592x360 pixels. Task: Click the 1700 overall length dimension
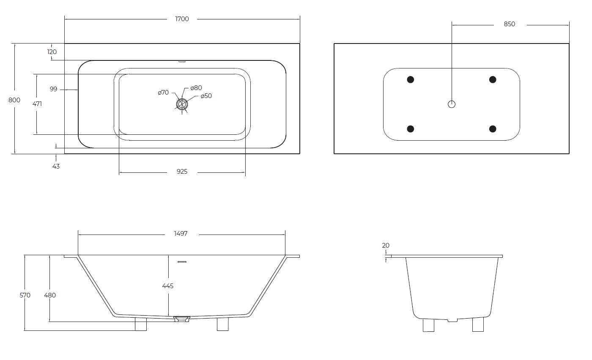(x=182, y=19)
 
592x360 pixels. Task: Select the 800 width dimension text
(x=14, y=100)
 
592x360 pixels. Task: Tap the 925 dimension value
(x=182, y=172)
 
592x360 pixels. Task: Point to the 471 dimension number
(x=37, y=104)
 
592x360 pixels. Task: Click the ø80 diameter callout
(x=196, y=88)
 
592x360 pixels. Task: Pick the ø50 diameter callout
(x=206, y=96)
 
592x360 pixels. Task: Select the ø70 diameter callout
(x=163, y=92)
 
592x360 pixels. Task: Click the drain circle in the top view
(x=182, y=104)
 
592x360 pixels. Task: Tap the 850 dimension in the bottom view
(x=510, y=24)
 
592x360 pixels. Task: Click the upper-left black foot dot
(x=410, y=79)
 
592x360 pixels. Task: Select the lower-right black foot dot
(x=493, y=129)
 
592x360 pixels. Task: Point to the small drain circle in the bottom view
(x=452, y=104)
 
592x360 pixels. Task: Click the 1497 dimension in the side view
(x=181, y=234)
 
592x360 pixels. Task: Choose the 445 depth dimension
(x=168, y=286)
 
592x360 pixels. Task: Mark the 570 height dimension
(x=25, y=295)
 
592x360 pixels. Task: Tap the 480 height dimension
(x=50, y=295)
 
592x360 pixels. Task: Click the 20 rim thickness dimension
(x=386, y=245)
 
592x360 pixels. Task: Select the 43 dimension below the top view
(x=56, y=166)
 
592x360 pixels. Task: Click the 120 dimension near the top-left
(x=52, y=52)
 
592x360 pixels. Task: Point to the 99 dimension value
(x=53, y=89)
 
